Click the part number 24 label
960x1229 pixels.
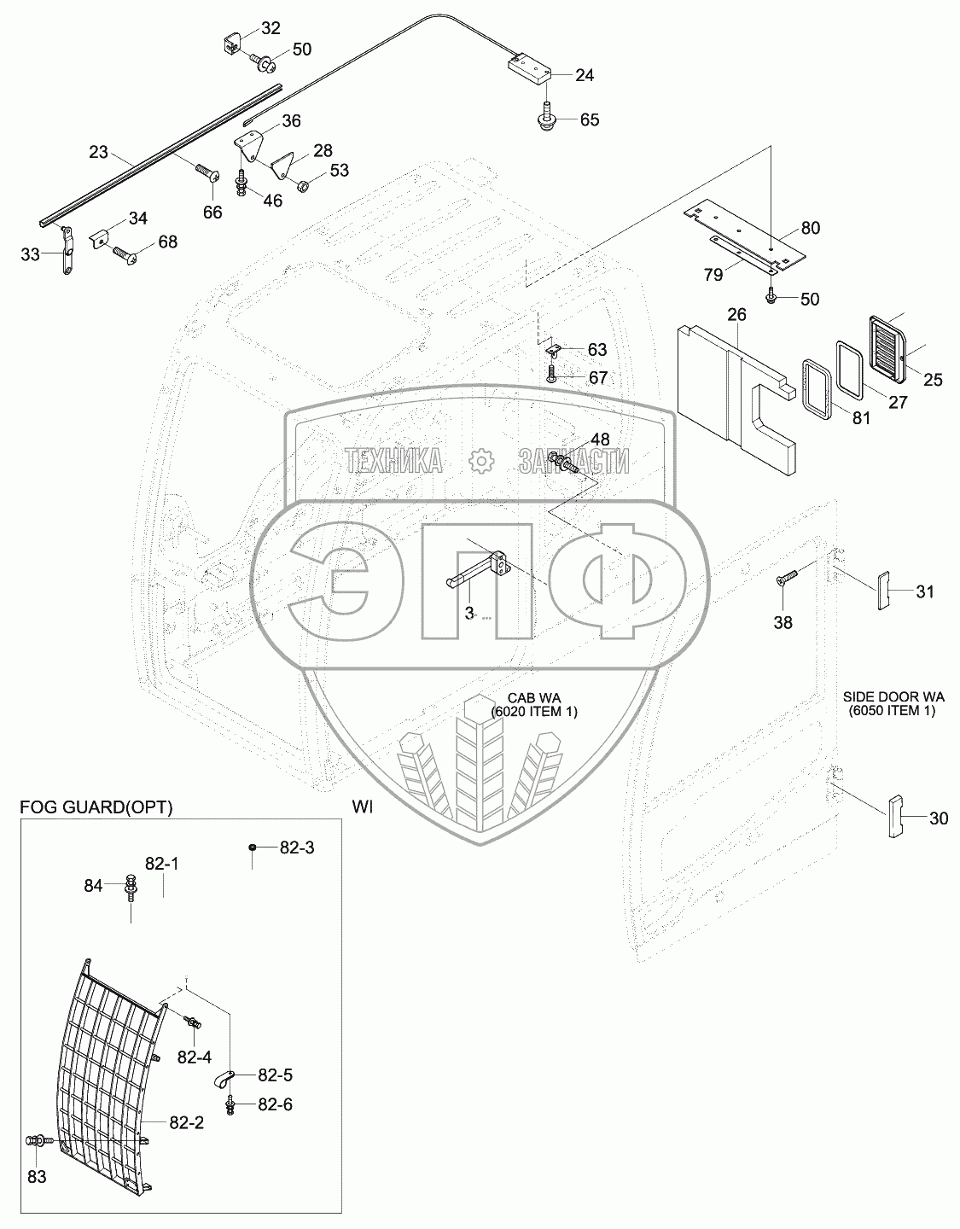(x=584, y=75)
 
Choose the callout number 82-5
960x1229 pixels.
(x=274, y=1076)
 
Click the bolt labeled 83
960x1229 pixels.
(x=38, y=1139)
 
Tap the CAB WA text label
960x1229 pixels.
(x=533, y=699)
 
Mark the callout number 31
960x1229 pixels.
(x=925, y=591)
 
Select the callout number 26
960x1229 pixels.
(x=736, y=315)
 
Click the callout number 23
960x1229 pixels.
(x=100, y=154)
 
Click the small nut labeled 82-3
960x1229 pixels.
(x=253, y=847)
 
